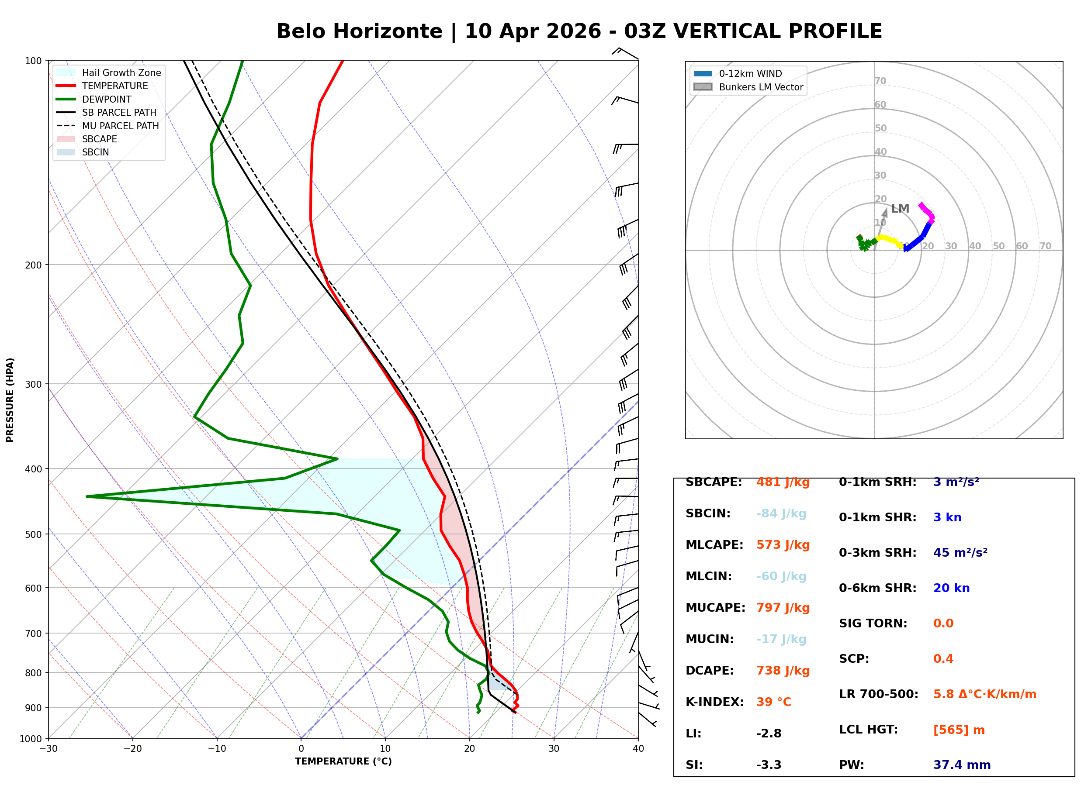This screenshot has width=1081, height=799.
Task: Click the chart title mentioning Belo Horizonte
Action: tap(579, 31)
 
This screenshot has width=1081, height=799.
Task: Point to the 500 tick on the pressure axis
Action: tap(33, 534)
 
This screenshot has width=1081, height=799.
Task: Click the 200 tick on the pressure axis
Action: tap(33, 265)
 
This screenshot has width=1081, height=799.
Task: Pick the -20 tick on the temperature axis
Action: tap(132, 749)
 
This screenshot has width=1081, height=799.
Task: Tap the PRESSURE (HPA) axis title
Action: tap(10, 400)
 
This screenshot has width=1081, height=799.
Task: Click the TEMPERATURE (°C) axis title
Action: tap(343, 761)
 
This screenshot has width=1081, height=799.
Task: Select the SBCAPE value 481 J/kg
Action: tap(783, 482)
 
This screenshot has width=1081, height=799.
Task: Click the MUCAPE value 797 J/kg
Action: tap(783, 607)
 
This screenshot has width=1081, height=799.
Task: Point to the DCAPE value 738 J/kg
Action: tap(783, 670)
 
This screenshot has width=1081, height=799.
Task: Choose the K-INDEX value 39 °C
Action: tap(773, 702)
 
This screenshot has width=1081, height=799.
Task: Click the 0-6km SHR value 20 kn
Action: tap(951, 588)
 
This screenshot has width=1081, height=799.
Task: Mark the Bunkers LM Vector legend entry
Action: tap(760, 87)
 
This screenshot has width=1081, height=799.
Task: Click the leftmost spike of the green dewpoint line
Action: tap(87, 496)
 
